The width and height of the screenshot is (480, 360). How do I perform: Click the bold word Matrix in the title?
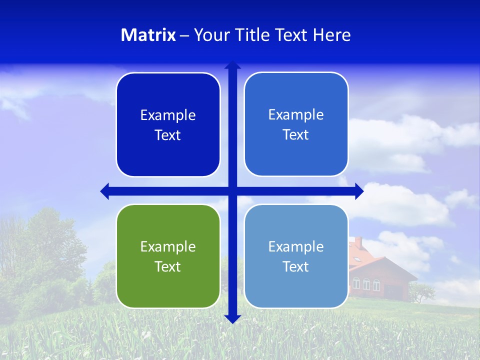tap(148, 35)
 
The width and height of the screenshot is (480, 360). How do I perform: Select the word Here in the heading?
tap(332, 35)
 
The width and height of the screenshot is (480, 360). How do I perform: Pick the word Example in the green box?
tap(168, 246)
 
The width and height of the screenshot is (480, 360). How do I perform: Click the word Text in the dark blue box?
tap(168, 135)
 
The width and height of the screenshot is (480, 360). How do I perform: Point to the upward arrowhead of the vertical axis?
tap(232, 65)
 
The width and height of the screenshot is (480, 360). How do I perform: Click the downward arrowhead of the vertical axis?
tap(232, 319)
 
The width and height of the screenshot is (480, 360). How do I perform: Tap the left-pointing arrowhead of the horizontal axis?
tap(105, 191)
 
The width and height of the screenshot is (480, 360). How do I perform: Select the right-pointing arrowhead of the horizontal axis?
tap(359, 191)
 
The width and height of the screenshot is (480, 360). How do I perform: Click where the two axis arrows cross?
tap(232, 191)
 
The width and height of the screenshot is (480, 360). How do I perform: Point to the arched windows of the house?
tap(366, 284)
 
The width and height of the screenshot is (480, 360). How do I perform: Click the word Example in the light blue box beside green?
tap(296, 246)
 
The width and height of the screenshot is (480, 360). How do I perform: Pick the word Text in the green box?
tap(168, 266)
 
